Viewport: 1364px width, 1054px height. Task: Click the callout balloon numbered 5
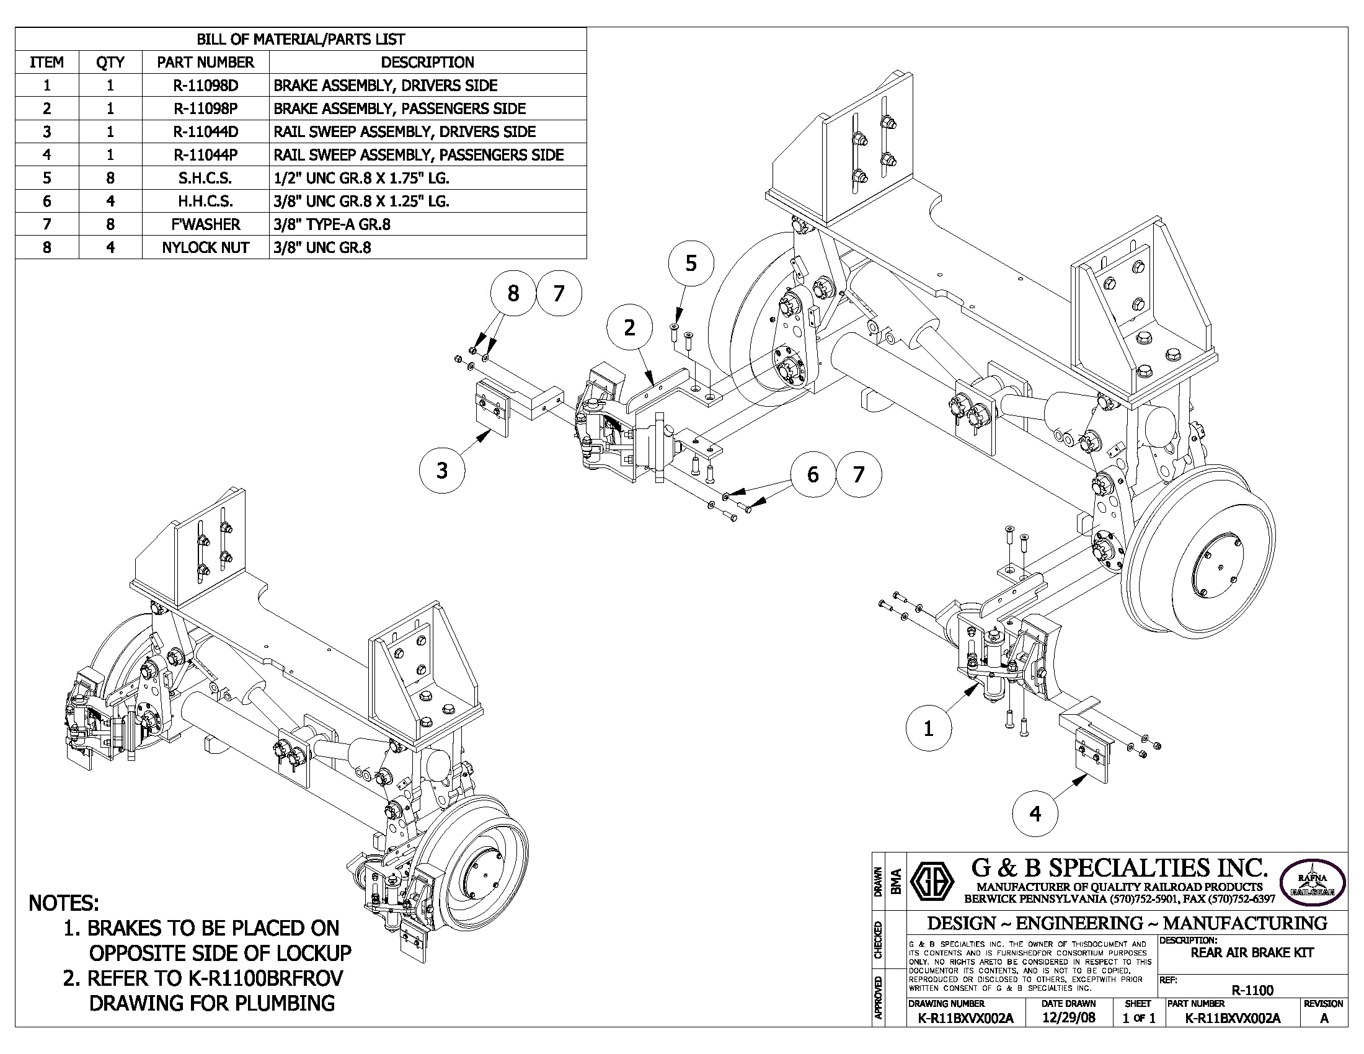691,263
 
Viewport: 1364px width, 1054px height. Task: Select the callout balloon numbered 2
629,327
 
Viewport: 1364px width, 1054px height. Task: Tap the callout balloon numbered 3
442,469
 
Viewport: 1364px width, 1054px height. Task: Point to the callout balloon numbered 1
928,728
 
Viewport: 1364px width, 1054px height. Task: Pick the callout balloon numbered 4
1035,813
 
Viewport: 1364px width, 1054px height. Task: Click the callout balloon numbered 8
513,293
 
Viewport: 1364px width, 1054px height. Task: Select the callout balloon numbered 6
813,474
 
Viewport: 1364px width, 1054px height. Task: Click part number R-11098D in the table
205,86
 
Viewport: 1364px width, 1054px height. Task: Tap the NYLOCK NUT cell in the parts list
205,247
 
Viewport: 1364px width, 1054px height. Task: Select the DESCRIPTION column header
427,63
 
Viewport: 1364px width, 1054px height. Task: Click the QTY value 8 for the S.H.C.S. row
110,178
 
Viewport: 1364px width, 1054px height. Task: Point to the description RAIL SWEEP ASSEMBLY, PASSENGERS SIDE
418,155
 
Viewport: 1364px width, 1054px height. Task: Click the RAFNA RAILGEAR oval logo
1312,882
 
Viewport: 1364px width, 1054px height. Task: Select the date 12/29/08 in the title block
1069,1018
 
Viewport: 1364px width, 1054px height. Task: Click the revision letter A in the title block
1324,1019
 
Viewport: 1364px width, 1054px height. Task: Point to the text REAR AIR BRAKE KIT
1252,953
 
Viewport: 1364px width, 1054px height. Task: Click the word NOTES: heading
63,903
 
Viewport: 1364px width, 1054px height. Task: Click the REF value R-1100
1252,990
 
